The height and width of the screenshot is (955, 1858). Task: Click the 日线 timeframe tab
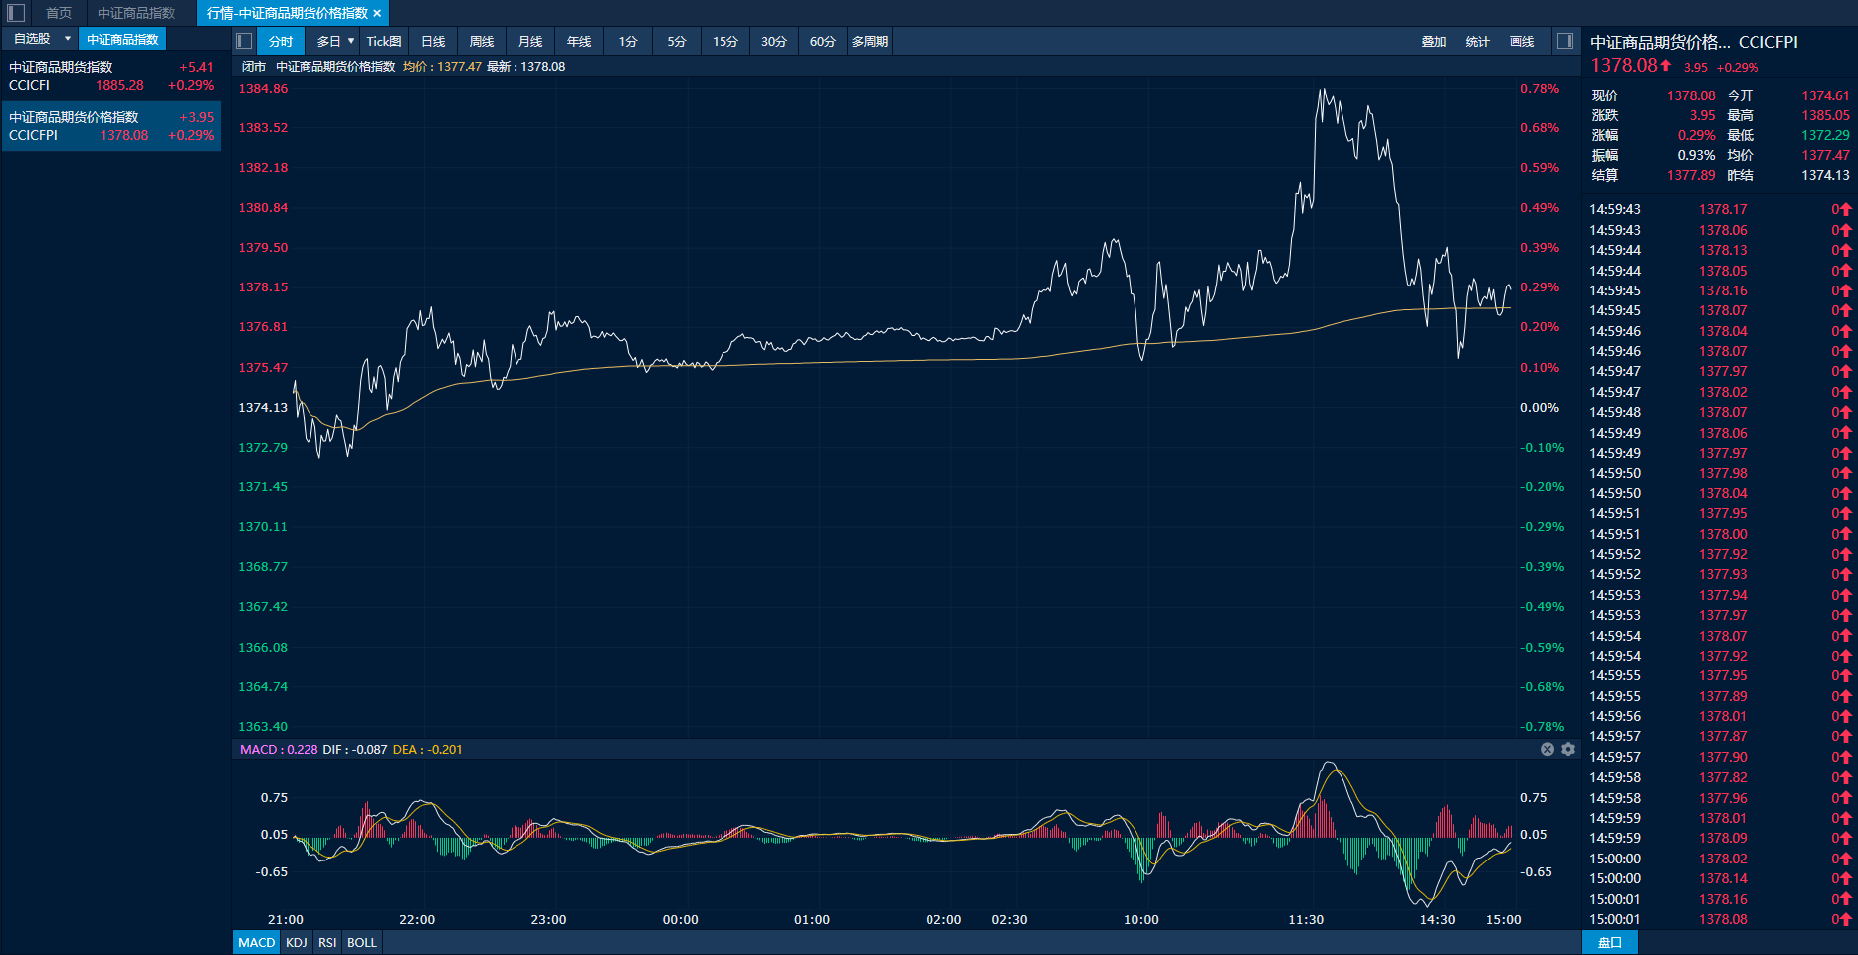(x=433, y=41)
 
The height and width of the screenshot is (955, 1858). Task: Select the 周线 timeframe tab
(x=482, y=41)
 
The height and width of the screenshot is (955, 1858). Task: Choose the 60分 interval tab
(x=822, y=41)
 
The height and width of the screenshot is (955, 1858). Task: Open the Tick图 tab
(x=384, y=41)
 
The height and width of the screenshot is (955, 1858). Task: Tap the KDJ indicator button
(x=297, y=942)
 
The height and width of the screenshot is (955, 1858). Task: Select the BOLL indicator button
(x=362, y=942)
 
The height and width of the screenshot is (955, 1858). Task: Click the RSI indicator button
(x=327, y=942)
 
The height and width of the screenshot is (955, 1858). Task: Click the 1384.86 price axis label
(x=263, y=88)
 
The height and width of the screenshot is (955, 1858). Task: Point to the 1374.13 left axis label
(x=263, y=407)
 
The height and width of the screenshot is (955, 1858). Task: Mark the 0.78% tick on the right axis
(x=1540, y=88)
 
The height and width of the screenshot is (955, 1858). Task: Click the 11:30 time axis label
(x=1306, y=919)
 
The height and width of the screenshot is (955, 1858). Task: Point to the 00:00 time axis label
(x=681, y=919)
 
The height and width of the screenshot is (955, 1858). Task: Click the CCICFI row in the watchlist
(x=111, y=76)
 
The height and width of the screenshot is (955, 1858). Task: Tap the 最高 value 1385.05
(x=1825, y=115)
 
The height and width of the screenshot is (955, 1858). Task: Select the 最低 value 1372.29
(x=1825, y=135)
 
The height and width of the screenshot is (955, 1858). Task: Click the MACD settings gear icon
(x=1568, y=749)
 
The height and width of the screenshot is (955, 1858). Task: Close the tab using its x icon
(x=377, y=13)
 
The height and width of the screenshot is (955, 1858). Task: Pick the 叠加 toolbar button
(x=1433, y=41)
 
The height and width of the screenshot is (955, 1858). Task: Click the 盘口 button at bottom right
(x=1609, y=942)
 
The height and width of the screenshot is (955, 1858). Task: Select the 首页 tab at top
(x=59, y=13)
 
